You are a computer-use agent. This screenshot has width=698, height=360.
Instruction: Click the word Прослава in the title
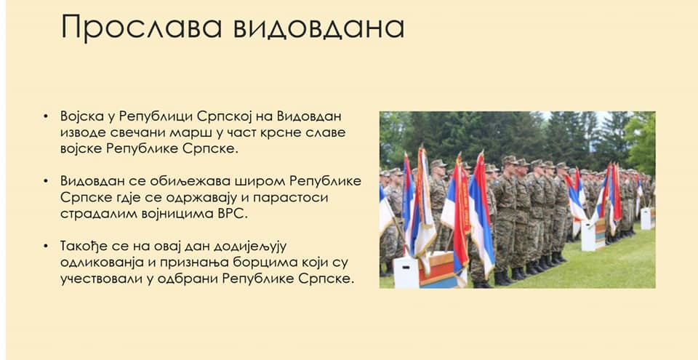click(x=141, y=27)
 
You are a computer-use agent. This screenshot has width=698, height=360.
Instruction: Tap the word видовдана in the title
click(x=318, y=27)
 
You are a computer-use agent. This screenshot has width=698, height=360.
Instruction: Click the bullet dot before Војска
click(x=45, y=117)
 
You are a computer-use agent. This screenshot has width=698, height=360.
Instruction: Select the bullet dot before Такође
click(x=45, y=247)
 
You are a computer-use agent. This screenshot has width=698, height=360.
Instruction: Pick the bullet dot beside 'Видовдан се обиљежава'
click(x=45, y=183)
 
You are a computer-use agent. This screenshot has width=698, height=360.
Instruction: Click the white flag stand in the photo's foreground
click(x=406, y=272)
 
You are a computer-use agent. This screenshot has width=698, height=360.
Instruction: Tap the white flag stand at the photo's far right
click(x=646, y=218)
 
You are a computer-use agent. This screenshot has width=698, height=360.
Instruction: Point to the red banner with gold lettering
click(x=463, y=201)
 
